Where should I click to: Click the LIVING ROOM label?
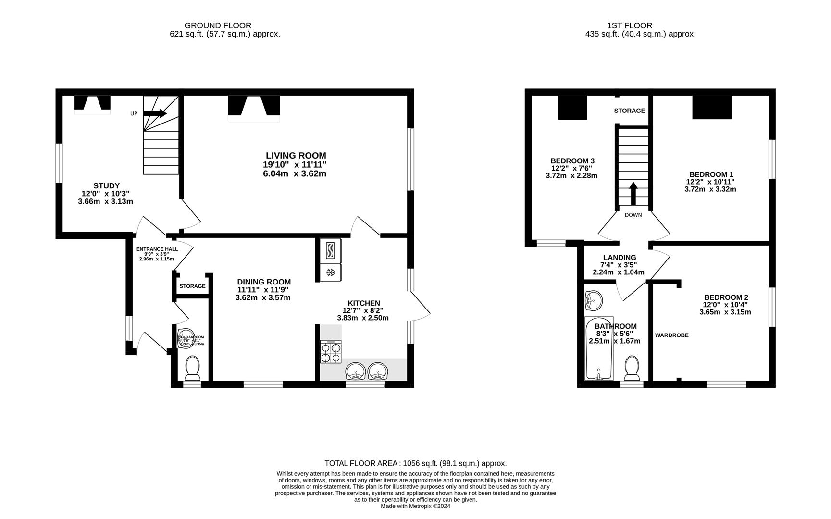[x=296, y=156]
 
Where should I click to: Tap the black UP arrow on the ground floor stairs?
[x=155, y=113]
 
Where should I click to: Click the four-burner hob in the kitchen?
[x=331, y=352]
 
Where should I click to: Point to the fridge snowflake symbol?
[x=331, y=272]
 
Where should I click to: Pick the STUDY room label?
[x=106, y=185]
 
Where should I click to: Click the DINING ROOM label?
[x=264, y=282]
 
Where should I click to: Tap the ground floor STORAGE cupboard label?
[x=192, y=286]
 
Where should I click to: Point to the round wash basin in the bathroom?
[x=594, y=301]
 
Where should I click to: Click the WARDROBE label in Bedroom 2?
[x=671, y=335]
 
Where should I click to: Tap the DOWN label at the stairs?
[x=633, y=215]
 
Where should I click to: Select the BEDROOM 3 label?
[x=572, y=161]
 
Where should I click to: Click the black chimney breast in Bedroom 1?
[x=711, y=107]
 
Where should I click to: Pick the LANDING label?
[x=618, y=258]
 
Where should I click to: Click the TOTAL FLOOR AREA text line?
[x=415, y=463]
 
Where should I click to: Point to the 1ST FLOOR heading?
[x=629, y=25]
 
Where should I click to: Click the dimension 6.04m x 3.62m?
[x=295, y=173]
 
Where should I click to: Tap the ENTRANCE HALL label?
[x=157, y=249]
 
